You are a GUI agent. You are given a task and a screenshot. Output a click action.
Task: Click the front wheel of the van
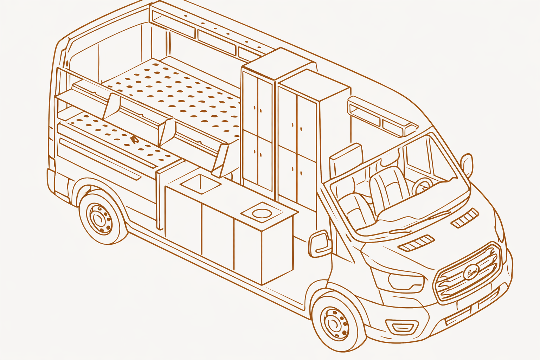[336, 322]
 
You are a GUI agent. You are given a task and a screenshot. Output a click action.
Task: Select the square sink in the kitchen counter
[201, 183]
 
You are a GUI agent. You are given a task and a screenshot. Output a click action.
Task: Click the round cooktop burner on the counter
[261, 213]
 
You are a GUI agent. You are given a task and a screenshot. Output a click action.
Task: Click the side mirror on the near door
[320, 244]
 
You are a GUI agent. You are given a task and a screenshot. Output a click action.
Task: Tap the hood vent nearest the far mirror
[464, 218]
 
